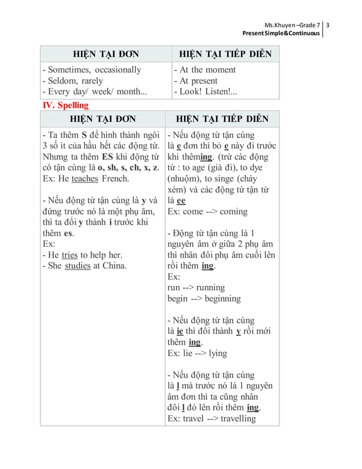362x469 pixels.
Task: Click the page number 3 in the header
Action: point(329,26)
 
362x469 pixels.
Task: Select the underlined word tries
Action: point(69,255)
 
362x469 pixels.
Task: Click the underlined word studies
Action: point(78,266)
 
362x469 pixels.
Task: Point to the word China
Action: point(115,266)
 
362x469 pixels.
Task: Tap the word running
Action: point(211,287)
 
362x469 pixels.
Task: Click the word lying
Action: point(217,353)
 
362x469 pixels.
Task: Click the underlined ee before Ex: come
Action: point(181,200)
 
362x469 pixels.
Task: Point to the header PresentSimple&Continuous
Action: point(281,35)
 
